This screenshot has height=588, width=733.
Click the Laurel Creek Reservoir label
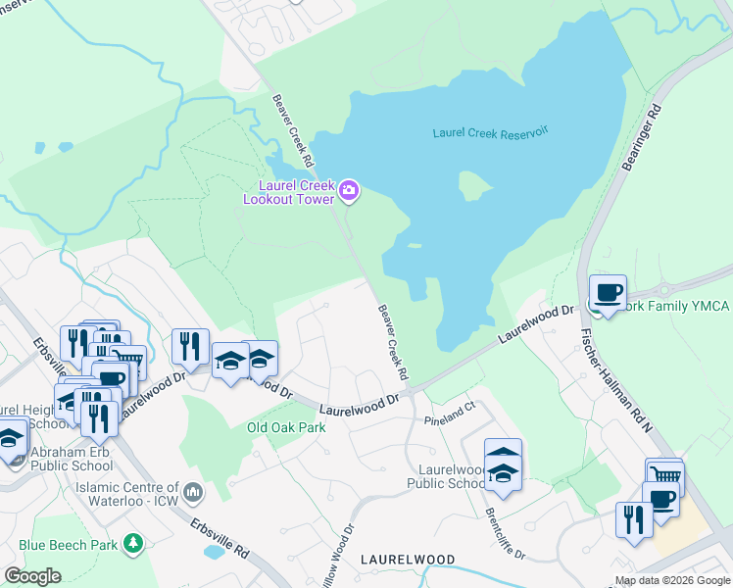click(490, 131)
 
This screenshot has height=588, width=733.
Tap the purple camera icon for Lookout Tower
click(350, 191)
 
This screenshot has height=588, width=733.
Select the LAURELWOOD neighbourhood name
click(408, 559)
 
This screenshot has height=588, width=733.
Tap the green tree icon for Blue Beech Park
click(133, 544)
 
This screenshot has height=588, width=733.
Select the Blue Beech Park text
click(67, 544)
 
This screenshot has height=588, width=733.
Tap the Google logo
click(33, 575)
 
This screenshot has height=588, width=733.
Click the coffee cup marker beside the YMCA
click(607, 292)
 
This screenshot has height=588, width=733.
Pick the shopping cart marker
click(664, 476)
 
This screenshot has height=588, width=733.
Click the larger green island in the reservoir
click(474, 184)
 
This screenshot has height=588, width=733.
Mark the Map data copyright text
click(672, 580)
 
